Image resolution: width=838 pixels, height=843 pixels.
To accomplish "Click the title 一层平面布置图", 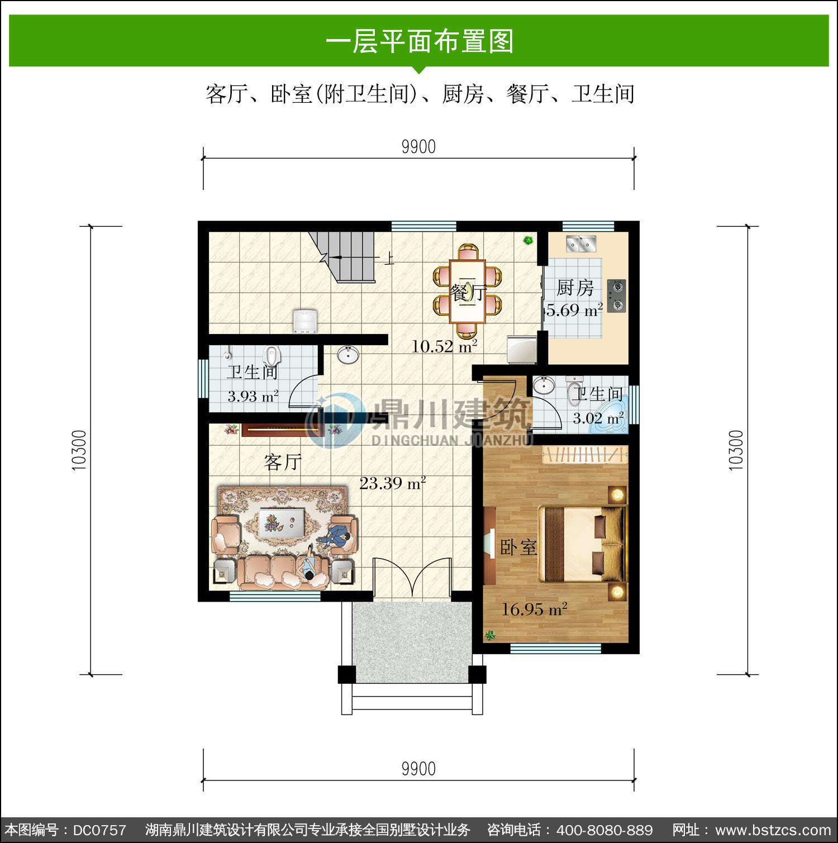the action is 419,41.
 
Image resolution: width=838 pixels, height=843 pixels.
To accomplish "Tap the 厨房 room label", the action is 575,288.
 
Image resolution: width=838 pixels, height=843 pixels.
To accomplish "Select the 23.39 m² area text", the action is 393,483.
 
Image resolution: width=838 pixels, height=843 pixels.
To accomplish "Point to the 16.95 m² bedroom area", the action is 534,608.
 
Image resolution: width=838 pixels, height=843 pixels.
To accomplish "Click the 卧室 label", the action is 518,547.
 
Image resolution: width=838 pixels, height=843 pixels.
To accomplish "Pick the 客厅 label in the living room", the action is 283,462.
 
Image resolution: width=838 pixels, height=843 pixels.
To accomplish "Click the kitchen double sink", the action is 582,244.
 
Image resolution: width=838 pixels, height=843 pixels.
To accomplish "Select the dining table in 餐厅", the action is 468,291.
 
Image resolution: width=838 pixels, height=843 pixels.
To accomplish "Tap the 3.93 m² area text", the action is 253,396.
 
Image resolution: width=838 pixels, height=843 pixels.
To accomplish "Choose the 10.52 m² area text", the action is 444,346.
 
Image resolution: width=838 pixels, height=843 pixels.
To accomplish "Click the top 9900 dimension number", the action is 418,147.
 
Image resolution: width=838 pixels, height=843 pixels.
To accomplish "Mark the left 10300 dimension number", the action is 79,450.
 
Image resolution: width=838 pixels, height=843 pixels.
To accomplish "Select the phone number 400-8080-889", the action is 605,830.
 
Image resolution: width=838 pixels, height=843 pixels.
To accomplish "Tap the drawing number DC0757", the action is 99,830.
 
